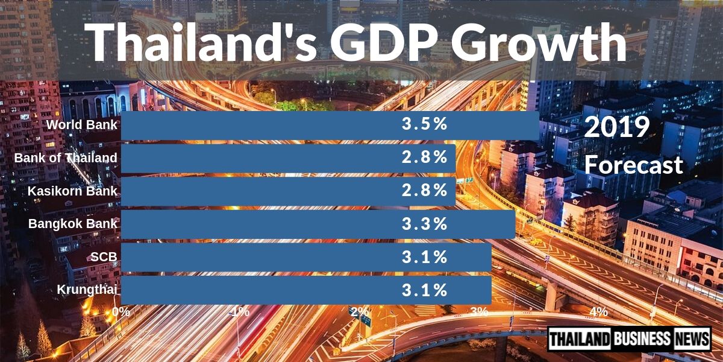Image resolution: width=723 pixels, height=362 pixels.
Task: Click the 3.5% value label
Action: [425, 125]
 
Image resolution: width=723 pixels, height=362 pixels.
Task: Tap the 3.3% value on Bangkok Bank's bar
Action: [425, 224]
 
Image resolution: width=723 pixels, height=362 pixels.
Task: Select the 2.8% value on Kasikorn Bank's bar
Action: [425, 191]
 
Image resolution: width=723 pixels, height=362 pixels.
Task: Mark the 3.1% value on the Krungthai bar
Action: [425, 290]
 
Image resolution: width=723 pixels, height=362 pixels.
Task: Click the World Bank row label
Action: [82, 125]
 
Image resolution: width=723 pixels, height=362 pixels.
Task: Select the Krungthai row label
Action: [87, 290]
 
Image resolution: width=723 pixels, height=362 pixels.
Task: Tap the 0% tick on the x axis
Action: [121, 312]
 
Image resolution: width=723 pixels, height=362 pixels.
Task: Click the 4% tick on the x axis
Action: [598, 312]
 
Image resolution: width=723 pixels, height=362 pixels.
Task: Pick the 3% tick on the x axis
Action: [479, 312]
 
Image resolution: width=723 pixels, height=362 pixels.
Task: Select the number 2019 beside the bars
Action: [616, 127]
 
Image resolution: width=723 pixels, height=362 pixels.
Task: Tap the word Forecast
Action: [634, 165]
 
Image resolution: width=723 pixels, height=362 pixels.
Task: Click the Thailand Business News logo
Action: [629, 338]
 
